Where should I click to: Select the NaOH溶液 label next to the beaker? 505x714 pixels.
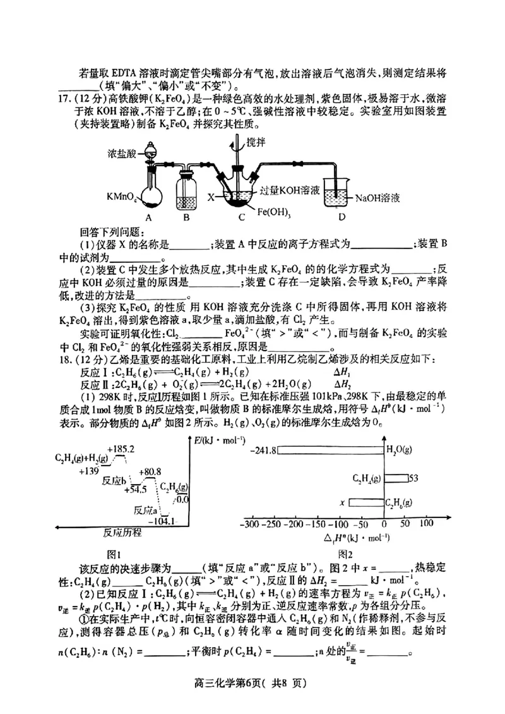pos(377,198)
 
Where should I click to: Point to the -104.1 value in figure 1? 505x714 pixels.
pos(160,521)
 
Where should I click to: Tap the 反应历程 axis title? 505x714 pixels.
pos(122,533)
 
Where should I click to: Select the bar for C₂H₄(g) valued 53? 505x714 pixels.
pos(395,478)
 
